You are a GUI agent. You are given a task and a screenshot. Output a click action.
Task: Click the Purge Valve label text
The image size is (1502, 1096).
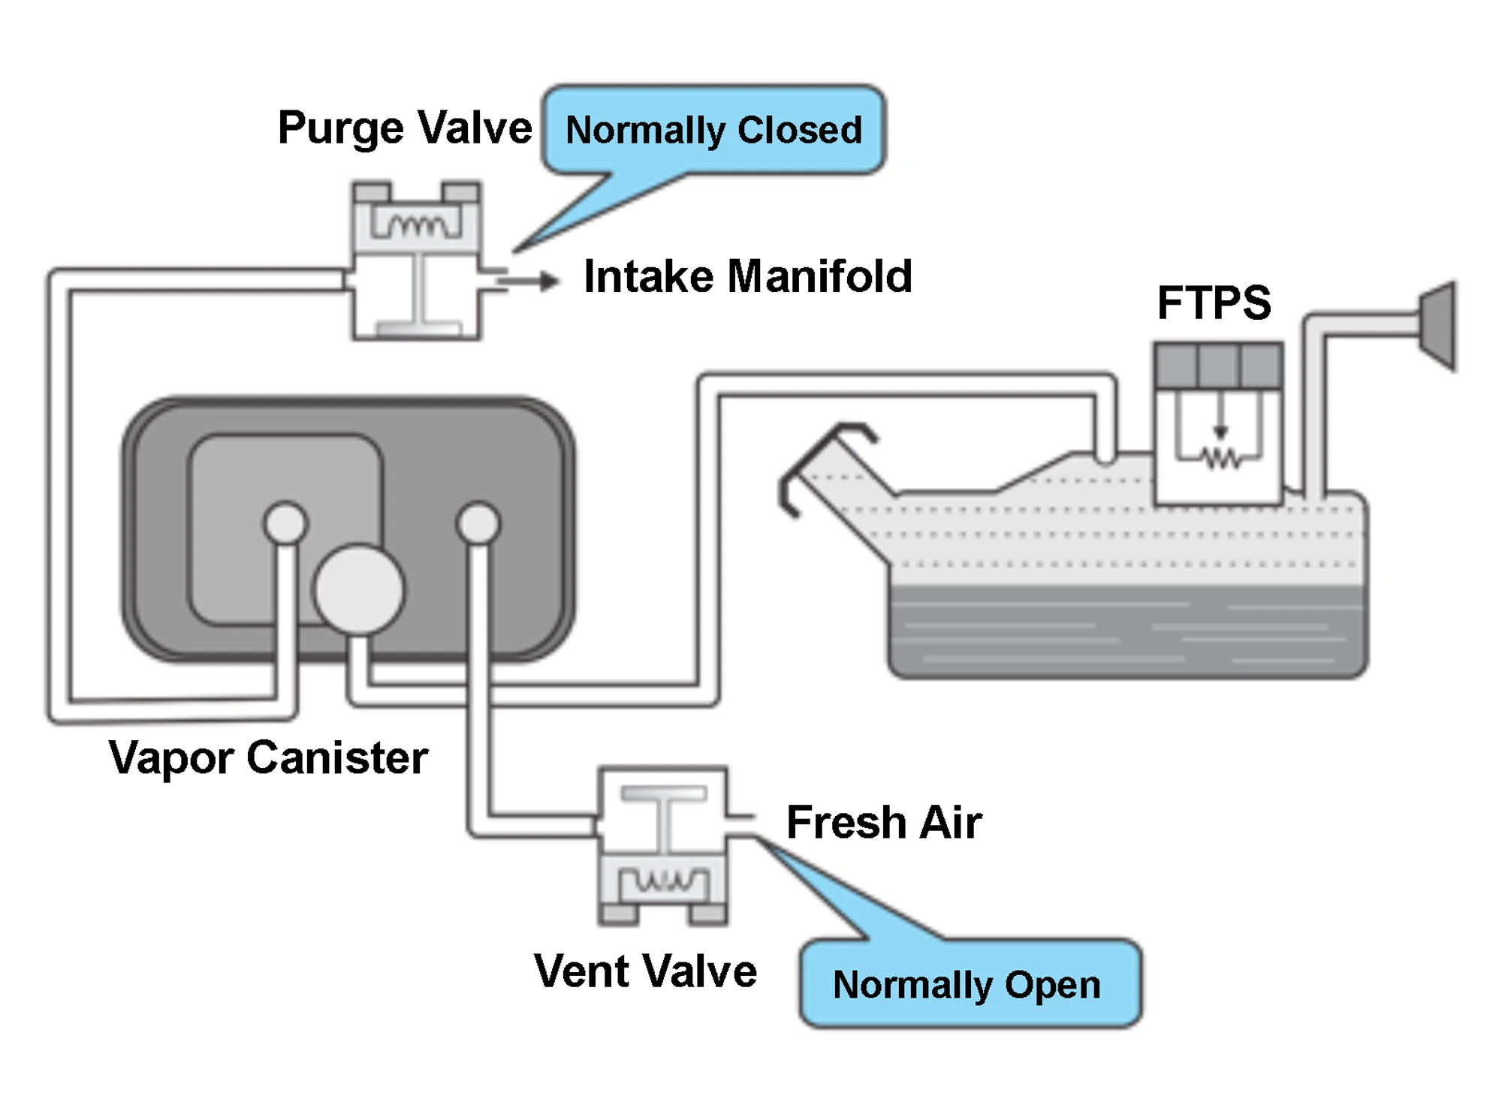404,128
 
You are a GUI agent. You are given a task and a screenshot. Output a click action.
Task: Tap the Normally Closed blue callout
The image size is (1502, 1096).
713,130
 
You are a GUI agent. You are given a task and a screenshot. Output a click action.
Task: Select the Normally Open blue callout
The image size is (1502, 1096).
969,984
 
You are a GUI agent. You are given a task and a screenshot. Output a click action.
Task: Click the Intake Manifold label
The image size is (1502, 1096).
747,276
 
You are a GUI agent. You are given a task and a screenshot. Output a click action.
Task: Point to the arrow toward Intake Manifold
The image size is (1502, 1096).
529,282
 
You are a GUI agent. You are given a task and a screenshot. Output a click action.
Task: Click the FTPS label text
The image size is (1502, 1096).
1214,303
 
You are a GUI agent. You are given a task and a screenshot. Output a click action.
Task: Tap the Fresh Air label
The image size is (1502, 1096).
883,822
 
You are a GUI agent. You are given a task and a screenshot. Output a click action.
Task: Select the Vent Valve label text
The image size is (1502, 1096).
644,971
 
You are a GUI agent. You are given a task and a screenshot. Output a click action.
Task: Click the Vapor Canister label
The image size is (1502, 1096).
268,757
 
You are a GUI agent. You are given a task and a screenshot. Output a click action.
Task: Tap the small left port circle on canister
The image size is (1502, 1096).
285,522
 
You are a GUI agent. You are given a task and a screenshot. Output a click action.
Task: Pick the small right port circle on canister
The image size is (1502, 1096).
478,522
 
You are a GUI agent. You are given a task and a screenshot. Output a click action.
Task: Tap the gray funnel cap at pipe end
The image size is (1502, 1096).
1439,327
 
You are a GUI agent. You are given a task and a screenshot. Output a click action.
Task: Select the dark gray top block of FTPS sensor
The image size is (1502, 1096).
1217,366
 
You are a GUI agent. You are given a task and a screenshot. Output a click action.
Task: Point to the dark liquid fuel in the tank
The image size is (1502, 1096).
1126,631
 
